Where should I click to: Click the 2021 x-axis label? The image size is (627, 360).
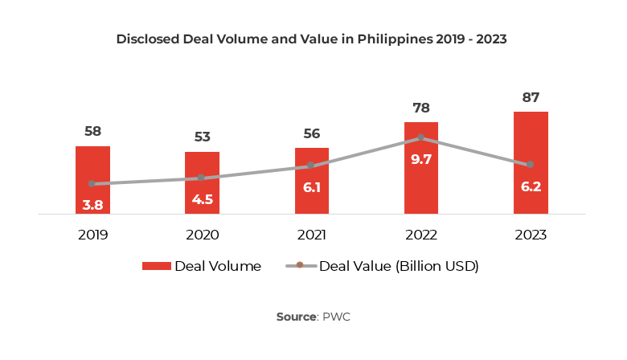(311, 235)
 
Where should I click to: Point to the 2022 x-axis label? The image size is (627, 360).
(421, 235)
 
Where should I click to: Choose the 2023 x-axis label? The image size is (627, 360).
(531, 235)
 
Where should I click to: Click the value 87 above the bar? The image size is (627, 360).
(531, 97)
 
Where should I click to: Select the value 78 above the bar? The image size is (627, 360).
(421, 108)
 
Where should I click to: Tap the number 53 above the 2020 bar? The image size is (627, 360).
(202, 137)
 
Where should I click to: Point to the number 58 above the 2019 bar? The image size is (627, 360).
(92, 132)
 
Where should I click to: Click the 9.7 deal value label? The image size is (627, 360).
(421, 160)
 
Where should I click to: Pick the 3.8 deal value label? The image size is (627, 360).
(92, 205)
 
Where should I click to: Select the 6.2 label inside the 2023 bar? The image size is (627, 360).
(531, 187)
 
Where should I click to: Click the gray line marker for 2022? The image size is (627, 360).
(421, 137)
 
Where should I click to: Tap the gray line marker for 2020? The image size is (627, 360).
(202, 178)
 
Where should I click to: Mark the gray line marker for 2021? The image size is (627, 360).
(311, 166)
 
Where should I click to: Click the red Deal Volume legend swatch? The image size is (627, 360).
(156, 267)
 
